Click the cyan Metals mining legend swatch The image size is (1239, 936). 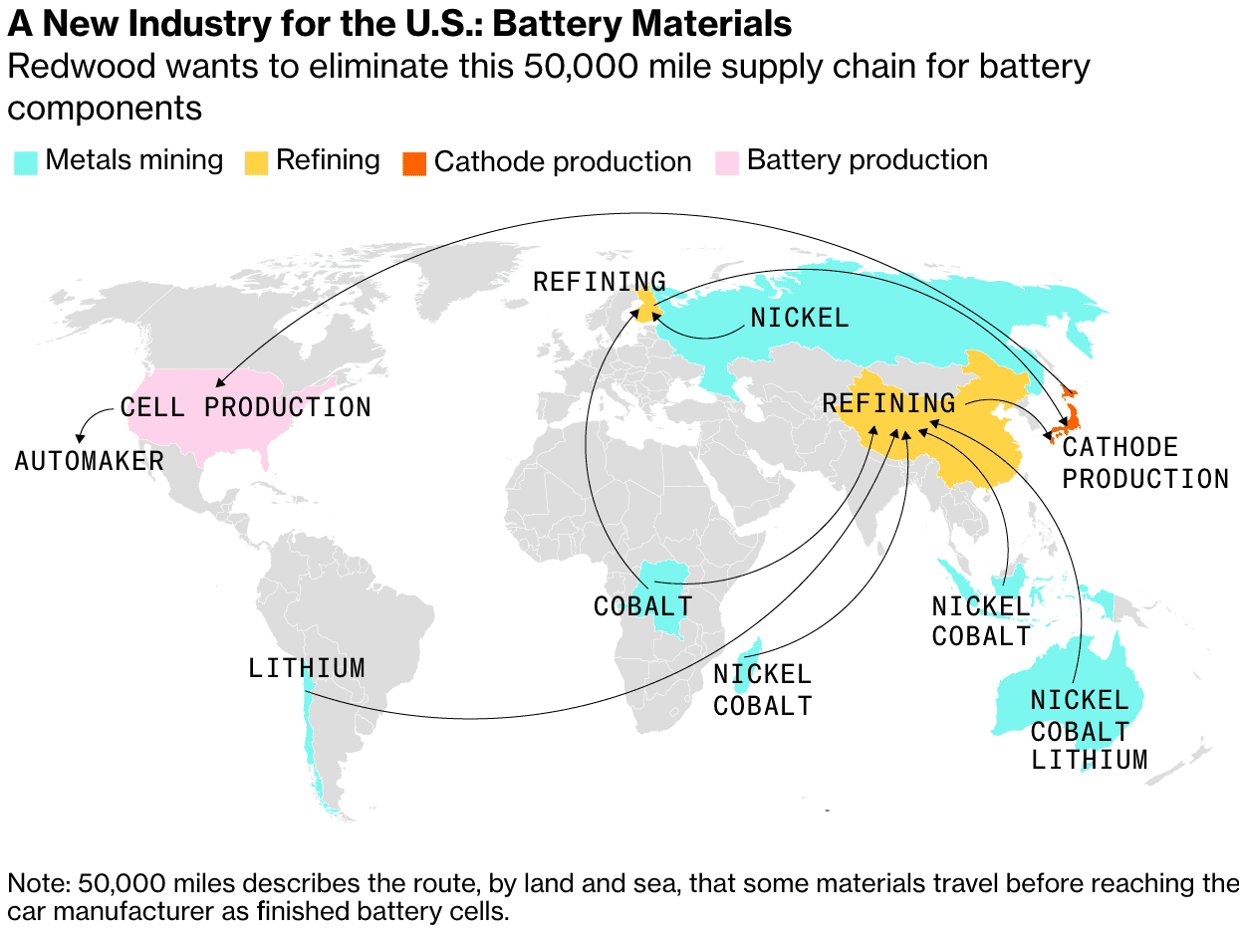coord(26,162)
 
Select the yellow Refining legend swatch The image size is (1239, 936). coord(256,162)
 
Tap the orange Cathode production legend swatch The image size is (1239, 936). coord(413,162)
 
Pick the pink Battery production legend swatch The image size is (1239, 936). coord(728,162)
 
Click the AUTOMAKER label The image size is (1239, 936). coord(89,461)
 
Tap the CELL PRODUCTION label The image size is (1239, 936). coord(245,407)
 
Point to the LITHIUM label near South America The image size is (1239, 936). coord(307,668)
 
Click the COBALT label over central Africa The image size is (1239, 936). coord(642,605)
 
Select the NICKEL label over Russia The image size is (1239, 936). coord(800,319)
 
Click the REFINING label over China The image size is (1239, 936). coord(888,403)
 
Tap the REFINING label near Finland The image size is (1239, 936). coord(599,282)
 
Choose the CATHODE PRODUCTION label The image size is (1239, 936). coord(1145,463)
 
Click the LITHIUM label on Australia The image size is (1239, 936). coord(1089,761)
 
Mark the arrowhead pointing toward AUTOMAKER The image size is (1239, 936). coord(80,437)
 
